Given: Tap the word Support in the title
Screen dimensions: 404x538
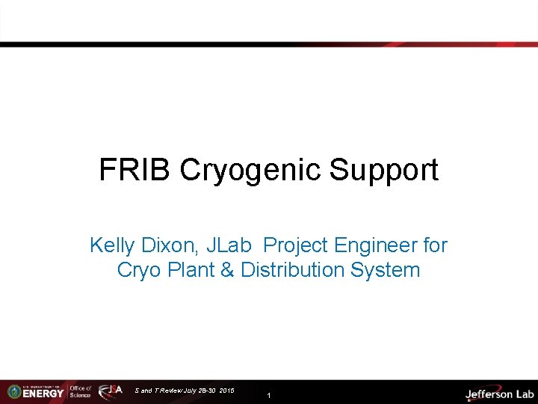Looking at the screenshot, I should click(383, 170).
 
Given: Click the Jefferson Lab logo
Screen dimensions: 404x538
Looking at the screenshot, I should click(499, 394).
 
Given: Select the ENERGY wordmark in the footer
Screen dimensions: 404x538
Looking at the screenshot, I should click(43, 394).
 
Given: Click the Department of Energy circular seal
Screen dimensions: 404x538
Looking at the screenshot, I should click(13, 391).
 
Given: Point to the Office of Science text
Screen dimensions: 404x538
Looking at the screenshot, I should click(80, 391).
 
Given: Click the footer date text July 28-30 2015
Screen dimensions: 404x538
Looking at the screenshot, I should click(205, 391).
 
